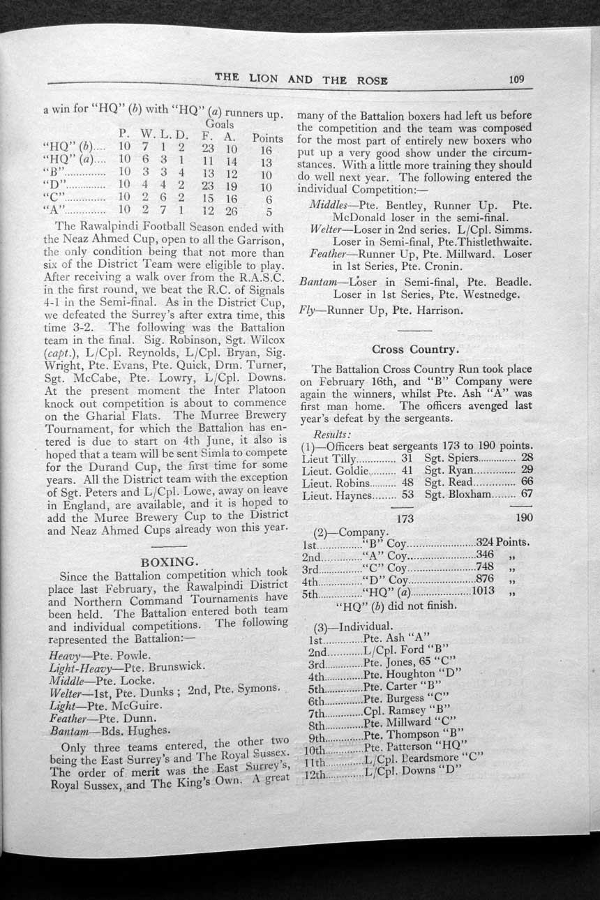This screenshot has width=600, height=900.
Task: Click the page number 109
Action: [516, 79]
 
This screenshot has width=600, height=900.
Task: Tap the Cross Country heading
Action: [414, 348]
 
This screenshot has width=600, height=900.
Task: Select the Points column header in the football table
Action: [268, 138]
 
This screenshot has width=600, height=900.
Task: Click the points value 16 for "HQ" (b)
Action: [266, 150]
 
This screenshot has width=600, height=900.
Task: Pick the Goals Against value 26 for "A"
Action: [232, 212]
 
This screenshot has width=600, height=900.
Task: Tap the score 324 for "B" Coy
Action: [486, 542]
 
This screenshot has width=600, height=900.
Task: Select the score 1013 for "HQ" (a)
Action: [483, 592]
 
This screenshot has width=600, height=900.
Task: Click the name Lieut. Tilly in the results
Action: [329, 458]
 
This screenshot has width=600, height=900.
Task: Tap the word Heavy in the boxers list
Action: [64, 656]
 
